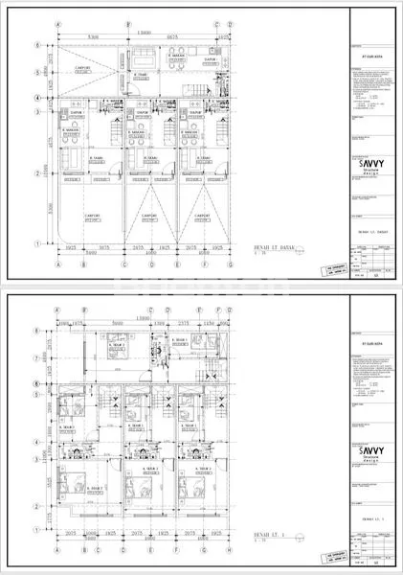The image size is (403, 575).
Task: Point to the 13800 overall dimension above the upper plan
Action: tap(141, 32)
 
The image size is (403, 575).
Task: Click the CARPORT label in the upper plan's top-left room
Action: tap(83, 69)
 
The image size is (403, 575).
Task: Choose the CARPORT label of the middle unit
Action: tap(149, 217)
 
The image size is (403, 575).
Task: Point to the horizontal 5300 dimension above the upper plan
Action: tap(91, 38)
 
